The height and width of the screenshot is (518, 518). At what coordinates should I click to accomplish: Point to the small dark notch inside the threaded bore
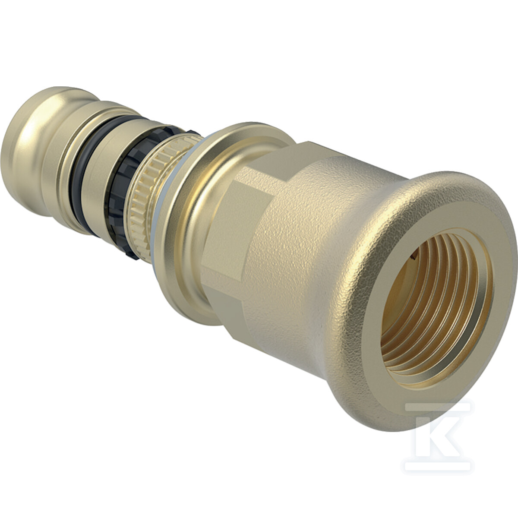tap(414, 259)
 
